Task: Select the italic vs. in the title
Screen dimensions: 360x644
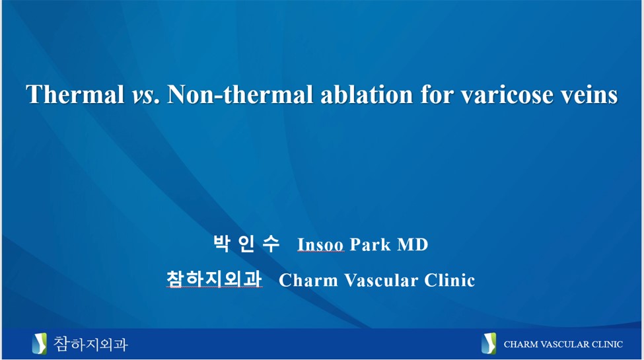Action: coord(146,95)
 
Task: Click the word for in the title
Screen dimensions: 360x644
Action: coord(436,95)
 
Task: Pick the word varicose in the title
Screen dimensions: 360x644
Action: coord(505,95)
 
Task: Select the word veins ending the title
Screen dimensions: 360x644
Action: coord(588,95)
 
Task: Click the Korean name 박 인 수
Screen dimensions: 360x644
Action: coord(246,244)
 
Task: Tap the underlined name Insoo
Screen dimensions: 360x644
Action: coord(320,245)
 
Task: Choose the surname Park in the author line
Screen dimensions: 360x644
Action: coord(371,245)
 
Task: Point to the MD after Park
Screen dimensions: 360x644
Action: coord(413,245)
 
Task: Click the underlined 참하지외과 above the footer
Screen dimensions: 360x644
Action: coord(214,279)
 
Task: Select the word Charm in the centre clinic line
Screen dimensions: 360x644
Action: coord(305,280)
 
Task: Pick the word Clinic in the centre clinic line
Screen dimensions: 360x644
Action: coord(449,280)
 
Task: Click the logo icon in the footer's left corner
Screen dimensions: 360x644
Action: coord(40,343)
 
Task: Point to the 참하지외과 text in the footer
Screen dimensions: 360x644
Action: coord(90,343)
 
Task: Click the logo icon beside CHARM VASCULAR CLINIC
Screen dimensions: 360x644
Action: coord(488,343)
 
